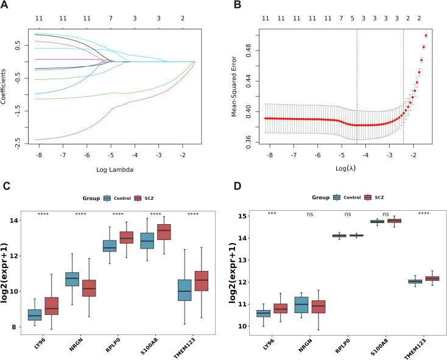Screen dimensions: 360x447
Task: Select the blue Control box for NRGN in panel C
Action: tap(72, 279)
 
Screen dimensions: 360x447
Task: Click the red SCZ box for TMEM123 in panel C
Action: tap(200, 281)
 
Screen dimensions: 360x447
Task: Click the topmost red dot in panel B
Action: tap(426, 35)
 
